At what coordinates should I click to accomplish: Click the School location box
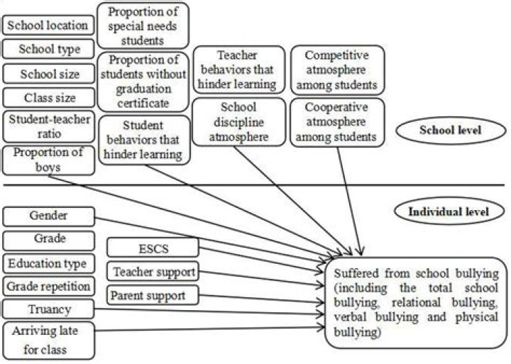(48, 26)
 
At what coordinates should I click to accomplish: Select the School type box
(48, 50)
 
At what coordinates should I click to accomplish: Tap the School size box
(48, 73)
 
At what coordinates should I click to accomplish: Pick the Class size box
(48, 97)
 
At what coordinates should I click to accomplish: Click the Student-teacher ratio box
(48, 126)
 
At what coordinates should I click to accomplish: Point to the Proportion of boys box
(48, 160)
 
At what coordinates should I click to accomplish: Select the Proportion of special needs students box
(142, 25)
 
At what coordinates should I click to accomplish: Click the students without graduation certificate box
(142, 81)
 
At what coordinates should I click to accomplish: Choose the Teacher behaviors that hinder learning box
(234, 70)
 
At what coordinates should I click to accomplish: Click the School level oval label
(451, 131)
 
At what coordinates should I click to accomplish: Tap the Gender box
(48, 215)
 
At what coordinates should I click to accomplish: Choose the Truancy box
(48, 309)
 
